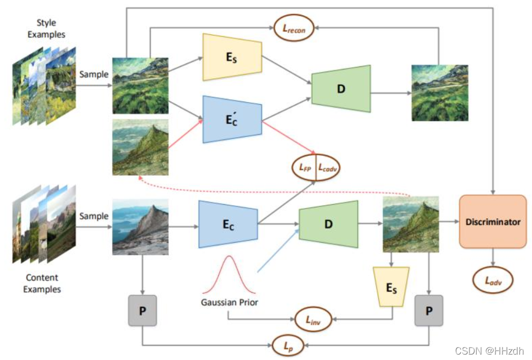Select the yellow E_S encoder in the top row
232,57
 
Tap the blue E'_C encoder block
232,119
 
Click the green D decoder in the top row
341,88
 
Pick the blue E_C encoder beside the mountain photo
227,223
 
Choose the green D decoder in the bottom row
328,223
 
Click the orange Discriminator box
493,222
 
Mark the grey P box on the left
142,311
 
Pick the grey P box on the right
428,311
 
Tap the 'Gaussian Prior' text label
229,302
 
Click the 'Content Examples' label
42,283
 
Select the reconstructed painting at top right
439,93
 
